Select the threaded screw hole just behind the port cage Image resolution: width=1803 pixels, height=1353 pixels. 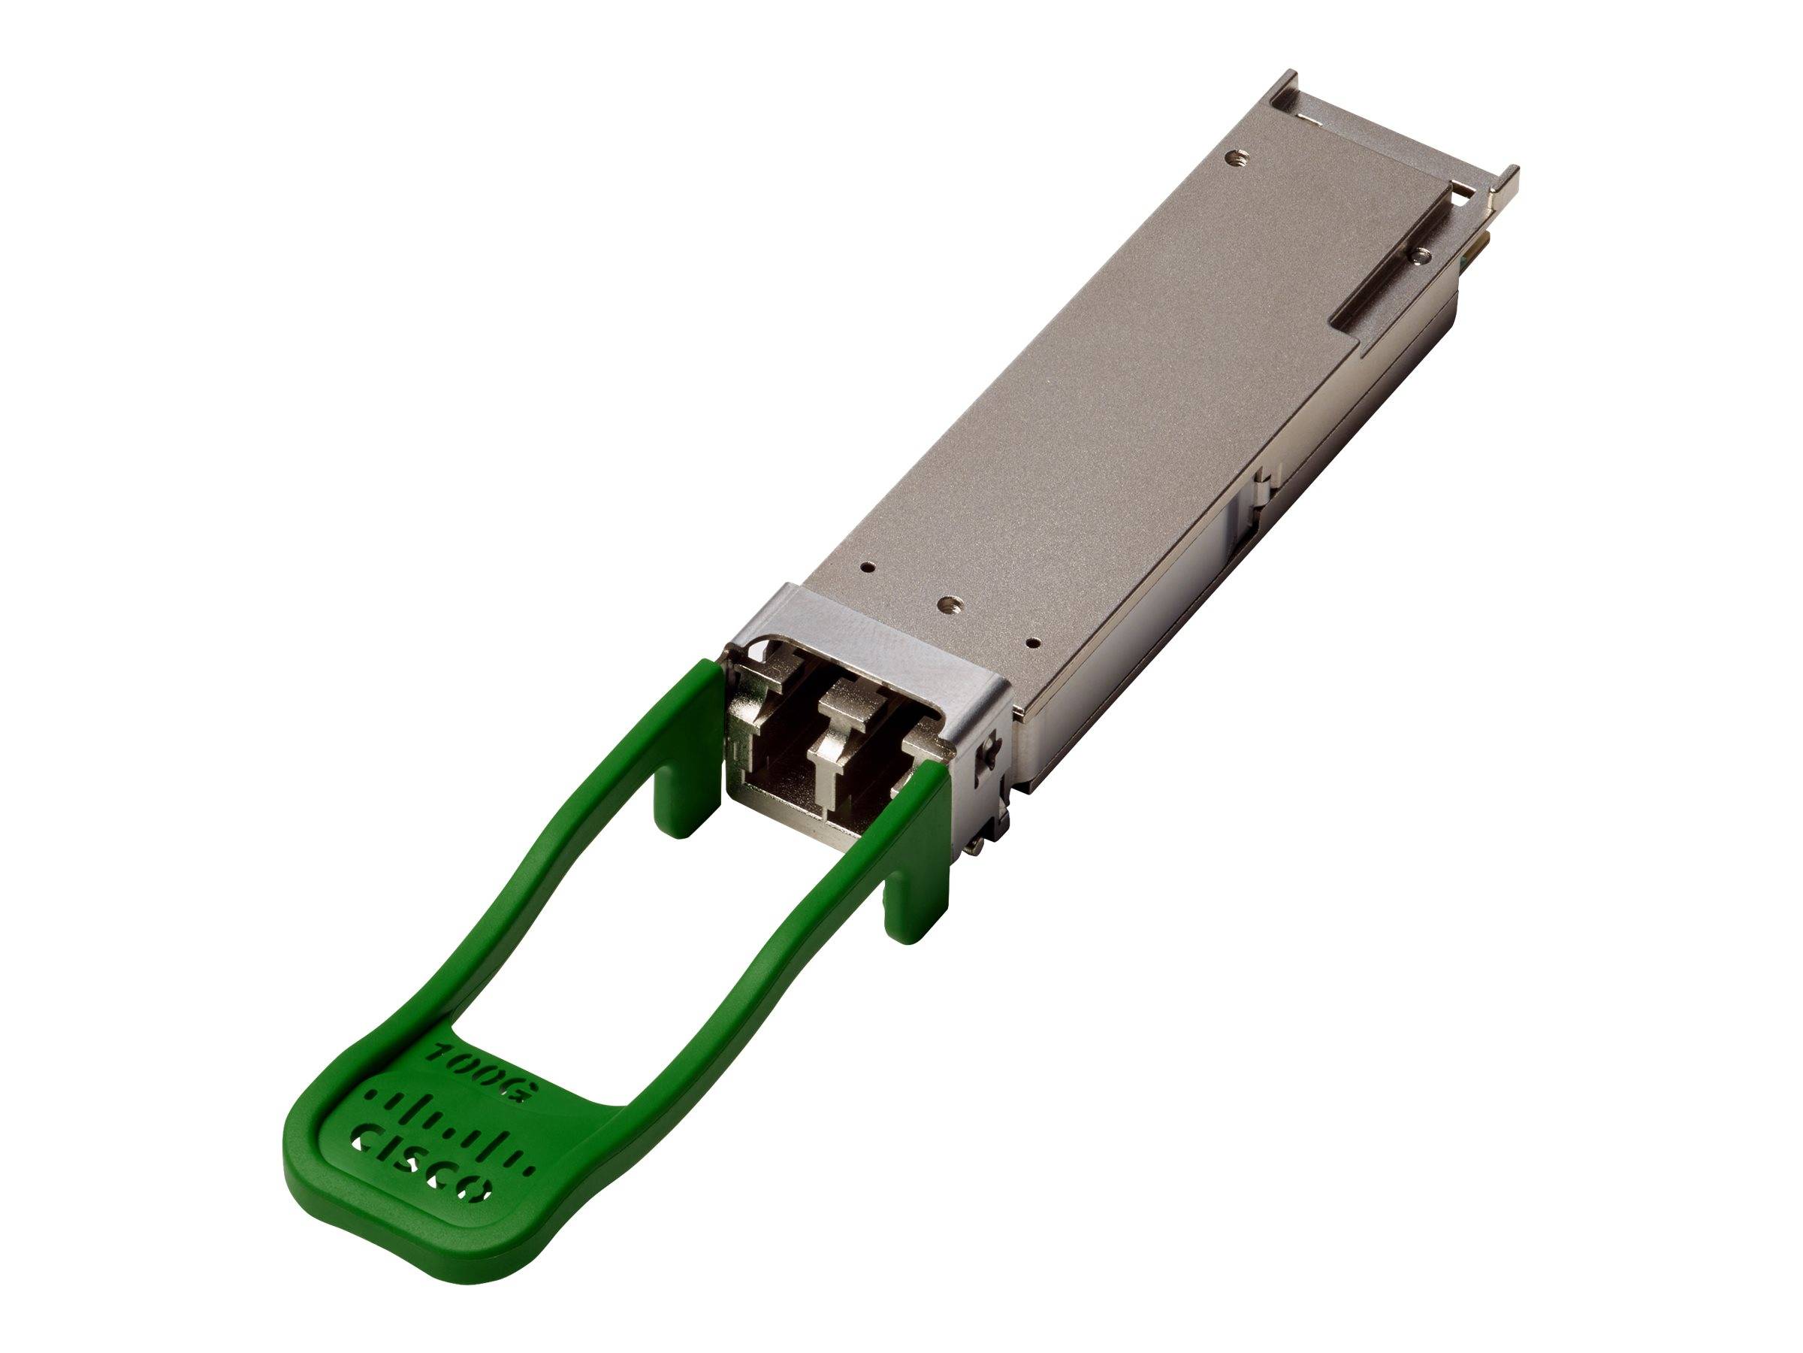tap(947, 604)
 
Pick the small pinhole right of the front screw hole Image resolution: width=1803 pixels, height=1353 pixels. tap(1032, 642)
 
